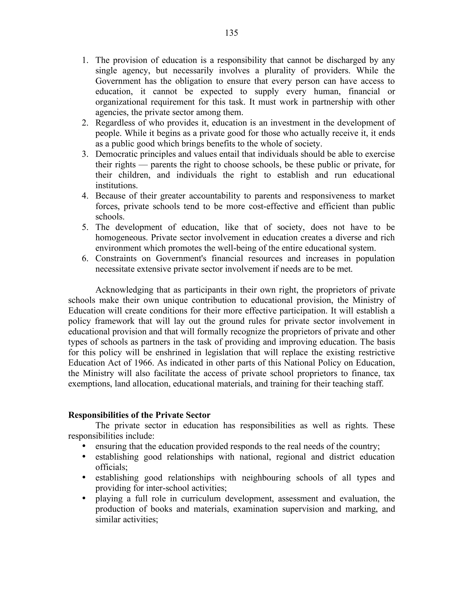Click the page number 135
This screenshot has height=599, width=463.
click(x=231, y=33)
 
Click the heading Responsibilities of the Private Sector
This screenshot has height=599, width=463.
click(x=139, y=415)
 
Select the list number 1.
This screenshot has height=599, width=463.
click(x=85, y=60)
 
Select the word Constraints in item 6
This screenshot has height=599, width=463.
click(x=116, y=258)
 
